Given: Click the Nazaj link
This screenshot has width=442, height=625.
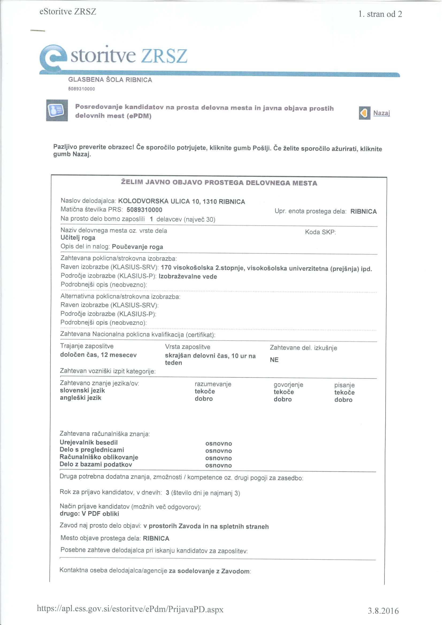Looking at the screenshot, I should click(x=381, y=113).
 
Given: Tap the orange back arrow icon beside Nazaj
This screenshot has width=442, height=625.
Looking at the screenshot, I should click(x=364, y=113).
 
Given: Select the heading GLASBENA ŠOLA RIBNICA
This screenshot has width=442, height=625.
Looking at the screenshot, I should click(x=110, y=80).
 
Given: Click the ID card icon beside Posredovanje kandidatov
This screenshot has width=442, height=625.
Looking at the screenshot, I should click(x=57, y=110).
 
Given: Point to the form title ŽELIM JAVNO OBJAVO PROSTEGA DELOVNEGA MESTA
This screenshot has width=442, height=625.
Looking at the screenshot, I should click(x=219, y=183).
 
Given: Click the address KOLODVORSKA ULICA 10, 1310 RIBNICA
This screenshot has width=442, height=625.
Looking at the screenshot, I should click(x=181, y=202).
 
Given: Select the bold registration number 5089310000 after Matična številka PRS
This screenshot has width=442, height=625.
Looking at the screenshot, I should click(x=144, y=210).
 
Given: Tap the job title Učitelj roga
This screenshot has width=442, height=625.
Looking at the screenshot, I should click(x=78, y=238).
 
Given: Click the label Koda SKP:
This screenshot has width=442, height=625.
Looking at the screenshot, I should click(x=320, y=232).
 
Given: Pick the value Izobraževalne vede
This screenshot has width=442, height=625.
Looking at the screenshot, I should click(x=188, y=277).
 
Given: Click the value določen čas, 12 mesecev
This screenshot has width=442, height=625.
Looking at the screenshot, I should click(x=98, y=355).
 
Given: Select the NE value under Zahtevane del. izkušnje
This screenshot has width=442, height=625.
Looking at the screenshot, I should click(x=274, y=360).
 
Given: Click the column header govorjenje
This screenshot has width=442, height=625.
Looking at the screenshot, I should click(x=288, y=385).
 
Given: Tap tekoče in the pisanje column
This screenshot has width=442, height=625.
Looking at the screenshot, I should click(x=344, y=392).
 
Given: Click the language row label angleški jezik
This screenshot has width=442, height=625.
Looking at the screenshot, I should click(x=80, y=398).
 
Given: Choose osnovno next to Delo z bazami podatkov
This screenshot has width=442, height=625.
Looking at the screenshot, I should click(x=218, y=465).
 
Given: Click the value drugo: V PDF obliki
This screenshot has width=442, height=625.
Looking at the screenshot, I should click(x=89, y=514).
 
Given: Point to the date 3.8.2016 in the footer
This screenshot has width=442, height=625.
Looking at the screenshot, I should click(x=383, y=611).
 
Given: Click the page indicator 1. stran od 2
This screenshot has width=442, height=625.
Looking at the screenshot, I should click(x=380, y=14).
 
